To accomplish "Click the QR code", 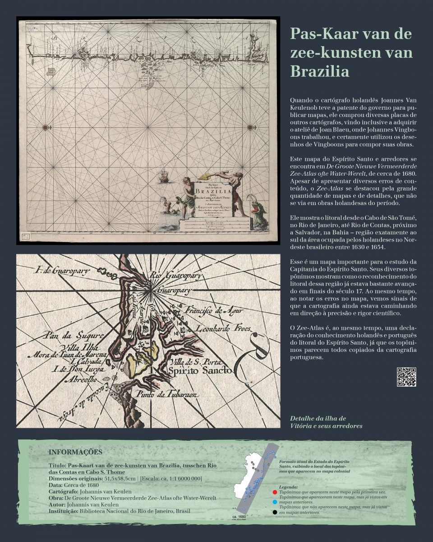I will tap(406, 377).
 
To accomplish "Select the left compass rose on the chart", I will tap(46, 128).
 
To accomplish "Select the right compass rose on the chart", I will tap(251, 128).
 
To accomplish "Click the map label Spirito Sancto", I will tap(200, 371).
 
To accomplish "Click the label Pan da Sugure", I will tap(73, 336).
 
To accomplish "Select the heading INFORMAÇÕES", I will tap(75, 452).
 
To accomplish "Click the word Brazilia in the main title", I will tap(320, 71).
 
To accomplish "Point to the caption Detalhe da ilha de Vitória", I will tap(326, 422).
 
